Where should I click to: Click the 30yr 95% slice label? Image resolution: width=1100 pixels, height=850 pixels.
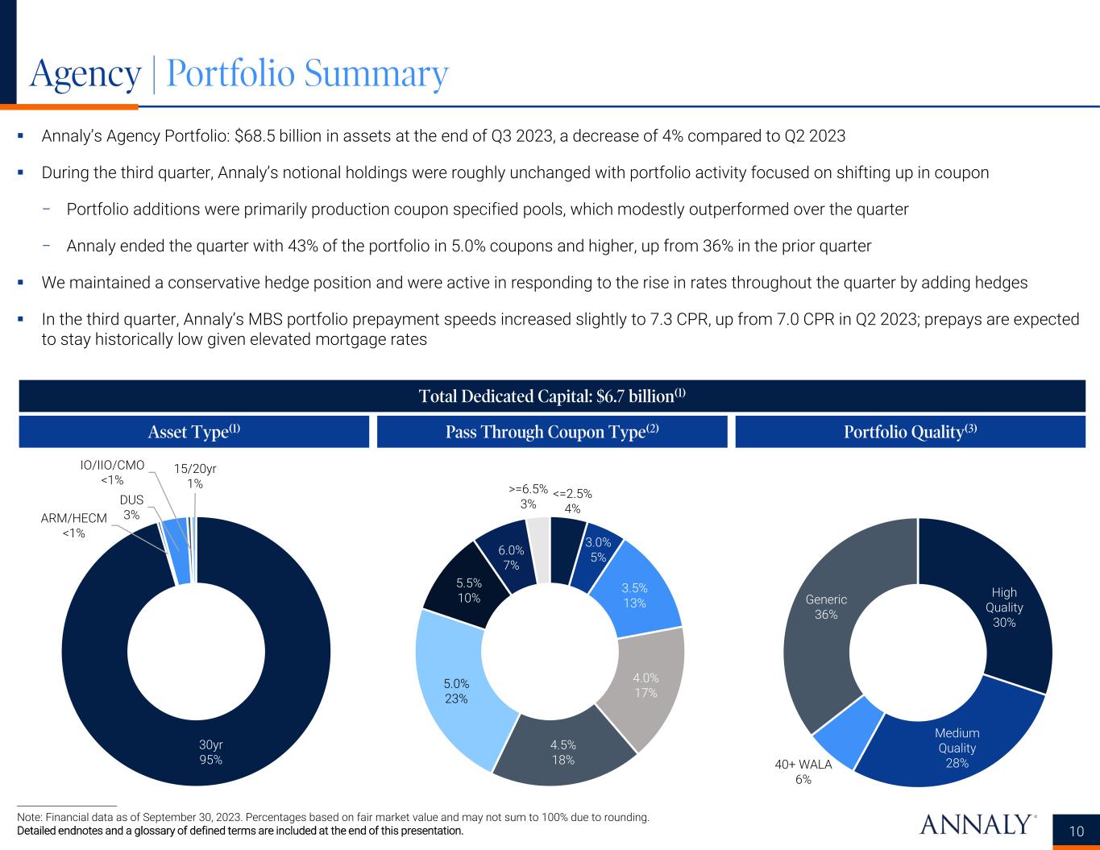click(211, 751)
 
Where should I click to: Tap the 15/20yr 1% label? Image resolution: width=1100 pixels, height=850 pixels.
click(195, 476)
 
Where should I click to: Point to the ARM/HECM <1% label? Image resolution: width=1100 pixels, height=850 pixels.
click(73, 525)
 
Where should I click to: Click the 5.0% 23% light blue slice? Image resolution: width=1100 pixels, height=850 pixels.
click(456, 690)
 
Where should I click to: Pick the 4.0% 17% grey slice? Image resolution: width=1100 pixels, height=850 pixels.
click(645, 684)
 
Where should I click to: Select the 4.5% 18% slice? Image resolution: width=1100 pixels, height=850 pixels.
click(563, 751)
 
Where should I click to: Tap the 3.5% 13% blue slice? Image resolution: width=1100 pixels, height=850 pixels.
click(634, 595)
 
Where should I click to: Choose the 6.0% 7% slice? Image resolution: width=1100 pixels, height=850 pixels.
click(510, 558)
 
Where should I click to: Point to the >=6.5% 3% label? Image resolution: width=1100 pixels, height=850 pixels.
click(529, 496)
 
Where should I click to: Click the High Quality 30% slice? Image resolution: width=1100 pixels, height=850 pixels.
click(1003, 607)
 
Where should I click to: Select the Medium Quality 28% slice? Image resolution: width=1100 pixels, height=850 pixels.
click(957, 747)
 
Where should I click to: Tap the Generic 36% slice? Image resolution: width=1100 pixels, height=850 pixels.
click(826, 607)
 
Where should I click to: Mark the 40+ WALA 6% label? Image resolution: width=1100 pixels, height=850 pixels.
click(803, 771)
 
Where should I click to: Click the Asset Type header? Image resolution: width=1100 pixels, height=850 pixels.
click(194, 431)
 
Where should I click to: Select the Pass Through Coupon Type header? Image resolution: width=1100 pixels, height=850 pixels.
click(552, 431)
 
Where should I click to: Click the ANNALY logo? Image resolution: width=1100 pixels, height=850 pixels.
click(976, 824)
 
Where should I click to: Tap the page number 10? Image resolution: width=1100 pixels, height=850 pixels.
click(1077, 831)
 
